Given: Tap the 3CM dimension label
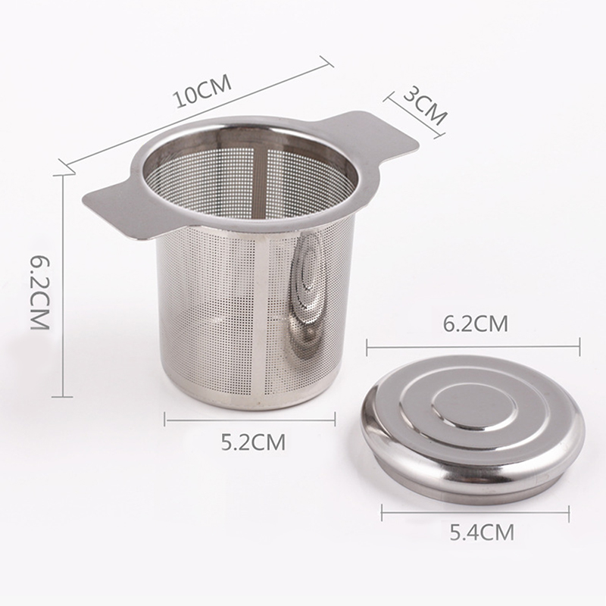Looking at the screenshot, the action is tap(425, 106).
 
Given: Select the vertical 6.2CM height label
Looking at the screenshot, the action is tap(40, 292).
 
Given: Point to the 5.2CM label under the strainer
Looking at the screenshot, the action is tap(253, 442).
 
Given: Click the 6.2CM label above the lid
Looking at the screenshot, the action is tap(475, 323).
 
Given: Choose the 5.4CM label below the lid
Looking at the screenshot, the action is tap(482, 533).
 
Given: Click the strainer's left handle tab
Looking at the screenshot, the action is tap(112, 209).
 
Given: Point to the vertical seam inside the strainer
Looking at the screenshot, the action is tap(261, 182).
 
